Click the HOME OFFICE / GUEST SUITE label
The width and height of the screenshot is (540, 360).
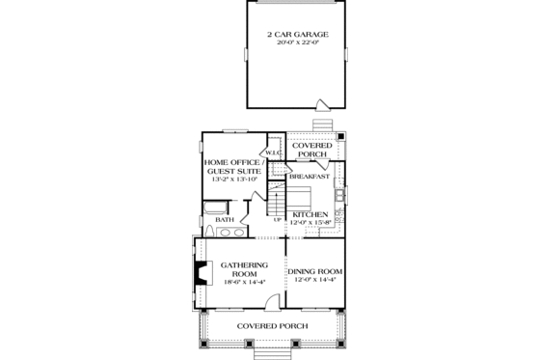pos(229,166)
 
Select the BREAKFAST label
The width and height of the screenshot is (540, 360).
pos(311,177)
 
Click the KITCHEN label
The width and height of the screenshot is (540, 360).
pos(311,214)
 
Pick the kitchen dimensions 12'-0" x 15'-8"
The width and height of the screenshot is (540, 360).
pos(311,223)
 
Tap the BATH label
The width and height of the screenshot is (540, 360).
pos(225,220)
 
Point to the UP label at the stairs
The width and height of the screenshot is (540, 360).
pos(278,220)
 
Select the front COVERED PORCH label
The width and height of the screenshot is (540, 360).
pos(272,326)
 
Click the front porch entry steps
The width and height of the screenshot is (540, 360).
pos(271,353)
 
